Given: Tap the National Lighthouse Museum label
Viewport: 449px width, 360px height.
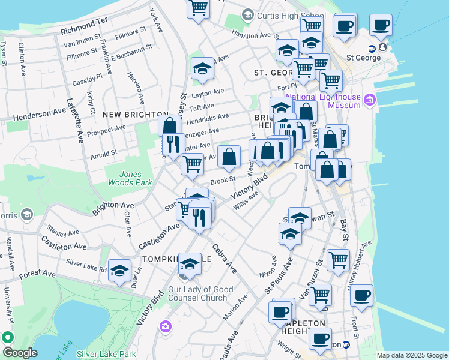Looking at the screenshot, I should [323, 101].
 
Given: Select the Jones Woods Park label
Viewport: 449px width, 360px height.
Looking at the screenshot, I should [125, 178].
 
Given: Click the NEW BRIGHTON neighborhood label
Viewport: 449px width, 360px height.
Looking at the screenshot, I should [135, 114].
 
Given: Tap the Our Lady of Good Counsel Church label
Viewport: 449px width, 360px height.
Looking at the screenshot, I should [200, 293].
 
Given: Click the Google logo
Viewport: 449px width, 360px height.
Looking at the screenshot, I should [19, 353].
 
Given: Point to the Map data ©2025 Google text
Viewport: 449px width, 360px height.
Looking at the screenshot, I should [411, 355].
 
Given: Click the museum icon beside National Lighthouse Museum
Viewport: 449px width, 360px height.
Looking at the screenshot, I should [370, 99].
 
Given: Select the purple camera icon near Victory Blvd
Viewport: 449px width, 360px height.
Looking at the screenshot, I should [165, 326].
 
